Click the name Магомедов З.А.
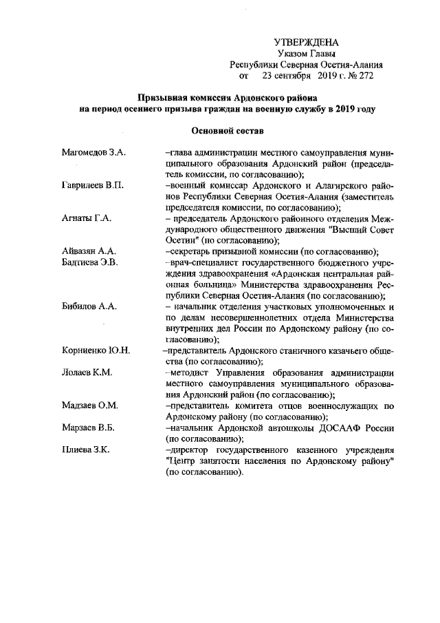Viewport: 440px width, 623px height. coord(93,151)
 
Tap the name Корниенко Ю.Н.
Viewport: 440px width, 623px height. coord(95,350)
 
